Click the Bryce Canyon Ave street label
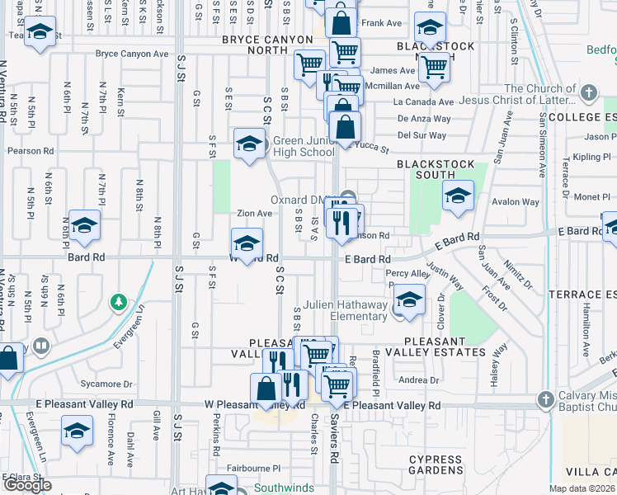[131, 54]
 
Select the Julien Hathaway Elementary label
[345, 310]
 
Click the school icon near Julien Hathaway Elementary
[408, 299]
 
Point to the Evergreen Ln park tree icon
[120, 302]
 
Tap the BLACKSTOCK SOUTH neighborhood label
[436, 169]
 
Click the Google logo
[27, 484]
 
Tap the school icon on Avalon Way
[458, 195]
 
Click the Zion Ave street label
[254, 214]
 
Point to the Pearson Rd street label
[31, 152]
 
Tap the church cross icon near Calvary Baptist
[544, 400]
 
